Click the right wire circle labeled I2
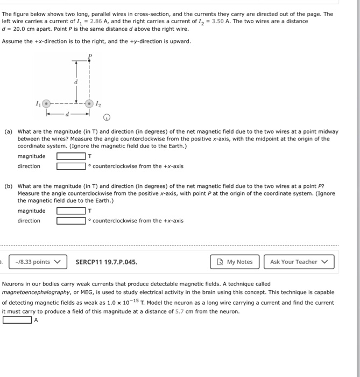pos(90,103)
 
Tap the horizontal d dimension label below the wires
pos(68,114)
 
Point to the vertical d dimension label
pos(75,81)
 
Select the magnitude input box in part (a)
pos(71,157)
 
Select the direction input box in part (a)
pos(71,166)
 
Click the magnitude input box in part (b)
pos(71,211)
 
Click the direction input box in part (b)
pos(71,221)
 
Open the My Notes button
pos(235,262)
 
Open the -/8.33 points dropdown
pos(37,262)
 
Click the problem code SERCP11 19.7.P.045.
pos(106,262)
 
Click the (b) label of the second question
pos(9,186)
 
